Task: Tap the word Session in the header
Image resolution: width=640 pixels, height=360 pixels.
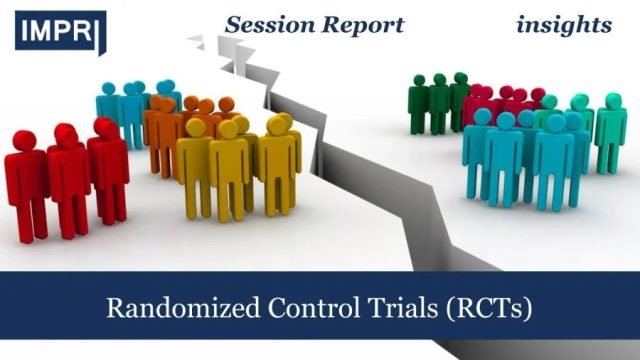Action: [x=263, y=24]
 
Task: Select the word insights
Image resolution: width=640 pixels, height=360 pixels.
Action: [x=564, y=24]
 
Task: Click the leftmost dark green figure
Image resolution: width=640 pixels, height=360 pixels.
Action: [x=419, y=105]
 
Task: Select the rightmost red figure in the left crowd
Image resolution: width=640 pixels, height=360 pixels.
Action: [x=107, y=170]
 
